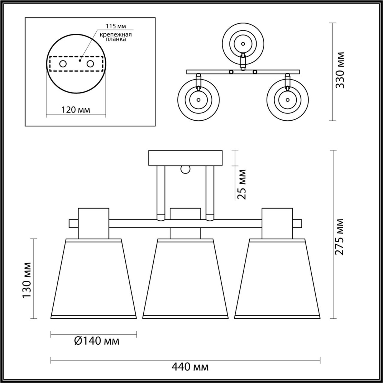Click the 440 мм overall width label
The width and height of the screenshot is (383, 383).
190,367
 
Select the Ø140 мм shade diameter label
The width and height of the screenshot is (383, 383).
97,341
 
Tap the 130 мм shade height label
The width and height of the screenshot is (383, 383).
27,280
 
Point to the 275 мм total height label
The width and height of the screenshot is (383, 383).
339,237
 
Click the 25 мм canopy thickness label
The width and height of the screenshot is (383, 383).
241,184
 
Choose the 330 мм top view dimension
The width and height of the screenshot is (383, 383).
340,70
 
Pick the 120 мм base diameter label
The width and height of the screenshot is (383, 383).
75,110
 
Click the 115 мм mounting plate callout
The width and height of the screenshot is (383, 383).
116,26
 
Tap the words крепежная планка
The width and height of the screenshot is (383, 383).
116,37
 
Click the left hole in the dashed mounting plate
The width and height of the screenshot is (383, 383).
63,64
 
